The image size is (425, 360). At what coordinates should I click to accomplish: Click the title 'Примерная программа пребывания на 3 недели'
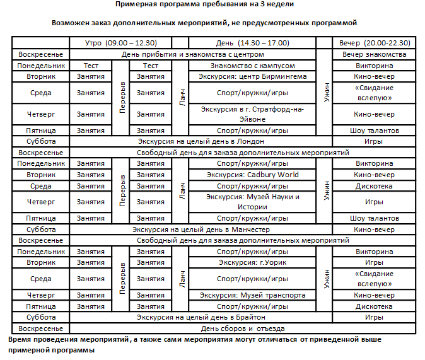pos(212,4)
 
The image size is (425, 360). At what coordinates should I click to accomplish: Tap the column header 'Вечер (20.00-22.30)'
pos(374,43)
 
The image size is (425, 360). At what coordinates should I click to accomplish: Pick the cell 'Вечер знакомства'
pos(374,54)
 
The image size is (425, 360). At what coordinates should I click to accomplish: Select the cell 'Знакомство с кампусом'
pos(252,66)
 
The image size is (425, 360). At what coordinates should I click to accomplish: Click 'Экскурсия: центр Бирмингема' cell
pos(252,76)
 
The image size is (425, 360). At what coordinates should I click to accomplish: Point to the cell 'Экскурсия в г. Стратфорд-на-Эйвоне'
pos(252,114)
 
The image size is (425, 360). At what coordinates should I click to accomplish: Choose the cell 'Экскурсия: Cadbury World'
pos(252,175)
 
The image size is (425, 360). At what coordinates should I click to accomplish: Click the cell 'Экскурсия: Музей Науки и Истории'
pos(252,202)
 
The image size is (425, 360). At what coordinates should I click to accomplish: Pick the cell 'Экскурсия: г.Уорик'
pos(252,262)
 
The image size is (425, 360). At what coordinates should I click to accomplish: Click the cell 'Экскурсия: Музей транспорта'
pos(252,295)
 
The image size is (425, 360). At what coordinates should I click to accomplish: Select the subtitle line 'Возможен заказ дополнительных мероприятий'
pos(212,22)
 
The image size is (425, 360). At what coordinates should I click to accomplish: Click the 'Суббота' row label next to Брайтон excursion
pos(40,317)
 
